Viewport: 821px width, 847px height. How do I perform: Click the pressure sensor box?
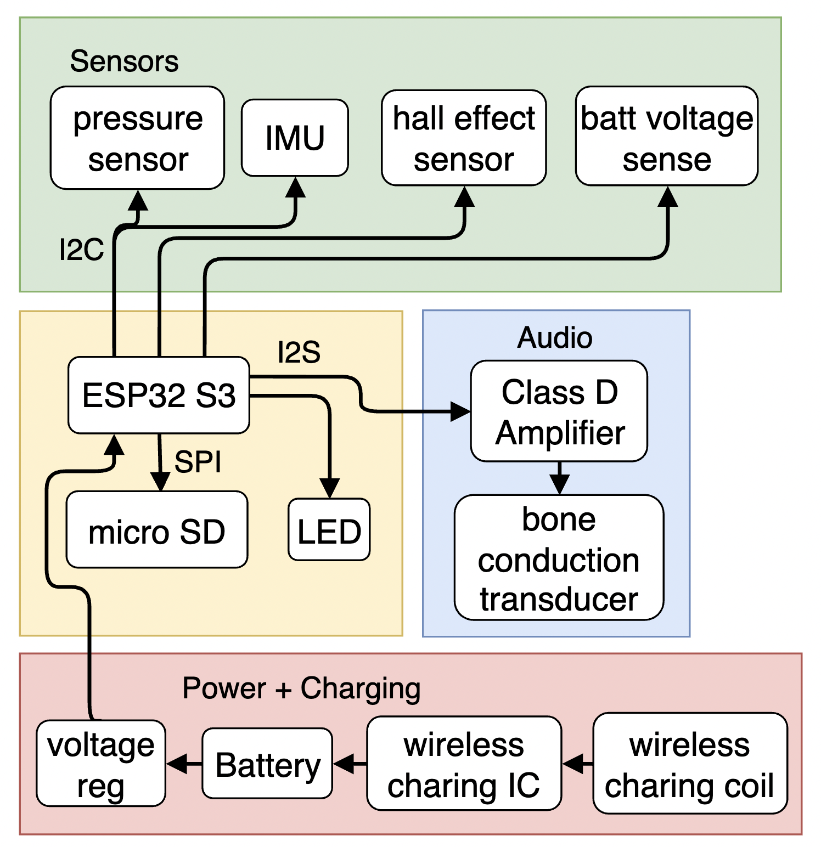tap(137, 138)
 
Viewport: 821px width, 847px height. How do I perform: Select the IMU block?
tap(295, 138)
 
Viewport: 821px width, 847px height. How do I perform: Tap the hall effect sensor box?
tap(464, 138)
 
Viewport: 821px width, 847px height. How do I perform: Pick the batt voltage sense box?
tap(667, 136)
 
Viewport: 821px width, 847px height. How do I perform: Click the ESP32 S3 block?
tap(159, 395)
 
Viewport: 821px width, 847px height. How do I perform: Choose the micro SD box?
tap(157, 530)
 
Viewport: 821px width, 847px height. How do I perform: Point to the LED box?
tap(329, 530)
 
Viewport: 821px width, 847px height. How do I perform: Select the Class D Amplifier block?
tap(559, 411)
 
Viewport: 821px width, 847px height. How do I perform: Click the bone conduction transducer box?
tap(559, 558)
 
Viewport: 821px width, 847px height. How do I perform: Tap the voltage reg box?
tap(101, 764)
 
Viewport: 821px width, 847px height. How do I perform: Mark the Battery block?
tap(267, 764)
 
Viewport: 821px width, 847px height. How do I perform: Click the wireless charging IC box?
tap(464, 764)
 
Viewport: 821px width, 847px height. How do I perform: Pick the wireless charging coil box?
tap(690, 764)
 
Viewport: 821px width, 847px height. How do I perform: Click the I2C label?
tap(81, 250)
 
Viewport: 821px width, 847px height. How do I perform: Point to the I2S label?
tap(299, 352)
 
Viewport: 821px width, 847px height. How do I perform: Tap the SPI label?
tap(198, 462)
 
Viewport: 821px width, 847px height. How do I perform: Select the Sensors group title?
tap(124, 61)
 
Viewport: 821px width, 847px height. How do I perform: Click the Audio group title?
tap(555, 337)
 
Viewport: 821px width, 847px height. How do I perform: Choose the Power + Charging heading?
tap(301, 688)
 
